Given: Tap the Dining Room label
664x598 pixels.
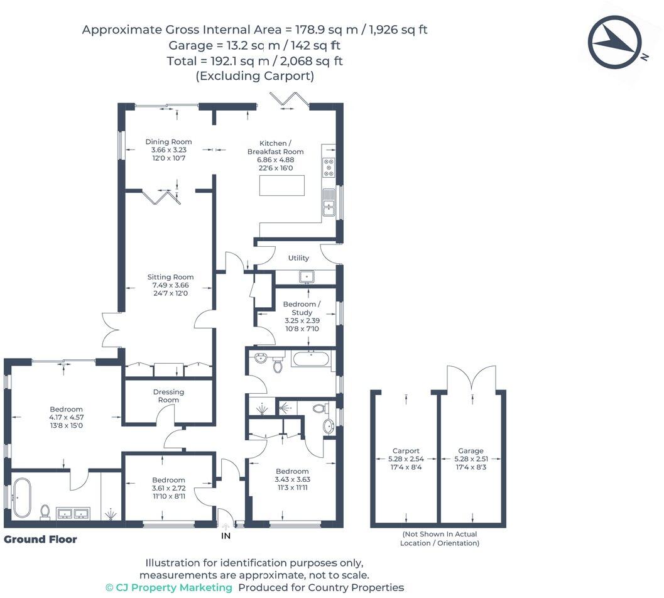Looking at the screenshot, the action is coord(168,141).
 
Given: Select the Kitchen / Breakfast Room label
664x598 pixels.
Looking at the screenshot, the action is coord(275,147).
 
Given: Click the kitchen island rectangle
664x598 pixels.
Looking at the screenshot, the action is coord(282,186).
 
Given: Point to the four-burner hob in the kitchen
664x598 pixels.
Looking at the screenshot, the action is coord(329,168).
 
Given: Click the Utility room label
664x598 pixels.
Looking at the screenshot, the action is coord(298,258).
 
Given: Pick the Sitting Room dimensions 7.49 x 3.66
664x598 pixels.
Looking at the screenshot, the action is coord(170,285).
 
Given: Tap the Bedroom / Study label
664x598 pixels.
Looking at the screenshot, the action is coord(302,308).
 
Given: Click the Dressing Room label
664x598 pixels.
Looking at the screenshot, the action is coord(168,396).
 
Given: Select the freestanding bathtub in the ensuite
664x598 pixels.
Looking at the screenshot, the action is coord(22,497).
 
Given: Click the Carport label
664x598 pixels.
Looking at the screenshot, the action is coord(406,450).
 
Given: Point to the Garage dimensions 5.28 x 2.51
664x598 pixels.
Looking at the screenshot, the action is coord(471,459).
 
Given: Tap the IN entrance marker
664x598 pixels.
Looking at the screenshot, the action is coord(226,536).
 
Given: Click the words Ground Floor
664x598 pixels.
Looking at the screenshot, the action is coord(40,539).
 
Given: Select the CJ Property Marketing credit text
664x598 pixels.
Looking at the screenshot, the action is coord(168,587).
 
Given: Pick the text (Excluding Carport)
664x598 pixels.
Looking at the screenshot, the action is coord(254,76).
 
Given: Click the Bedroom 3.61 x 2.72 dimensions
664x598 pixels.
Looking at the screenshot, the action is coord(168,488).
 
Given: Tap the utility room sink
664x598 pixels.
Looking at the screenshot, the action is coord(307,276).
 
